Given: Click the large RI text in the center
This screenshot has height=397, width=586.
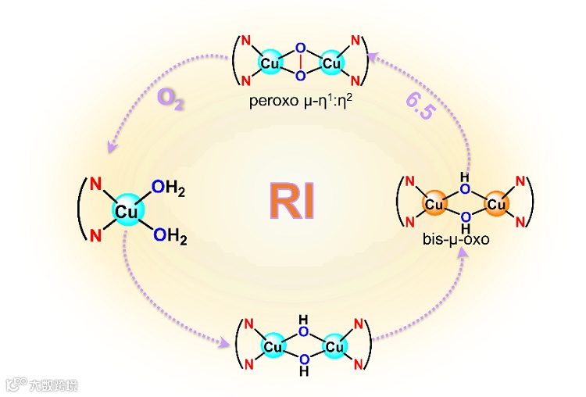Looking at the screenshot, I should click(x=292, y=199).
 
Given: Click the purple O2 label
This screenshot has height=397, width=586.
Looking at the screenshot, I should click(x=170, y=98).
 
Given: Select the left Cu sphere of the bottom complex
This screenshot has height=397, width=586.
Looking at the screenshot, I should click(x=273, y=345).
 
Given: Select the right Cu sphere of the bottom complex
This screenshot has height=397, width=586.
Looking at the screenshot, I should click(x=334, y=345).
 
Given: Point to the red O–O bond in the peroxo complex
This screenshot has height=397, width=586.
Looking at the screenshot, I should click(x=301, y=63).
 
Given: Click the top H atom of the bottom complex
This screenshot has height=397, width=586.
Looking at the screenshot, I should click(x=304, y=319).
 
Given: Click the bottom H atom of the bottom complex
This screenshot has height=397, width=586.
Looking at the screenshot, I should click(x=304, y=372).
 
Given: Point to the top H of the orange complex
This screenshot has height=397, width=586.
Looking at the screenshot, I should click(x=465, y=178).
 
